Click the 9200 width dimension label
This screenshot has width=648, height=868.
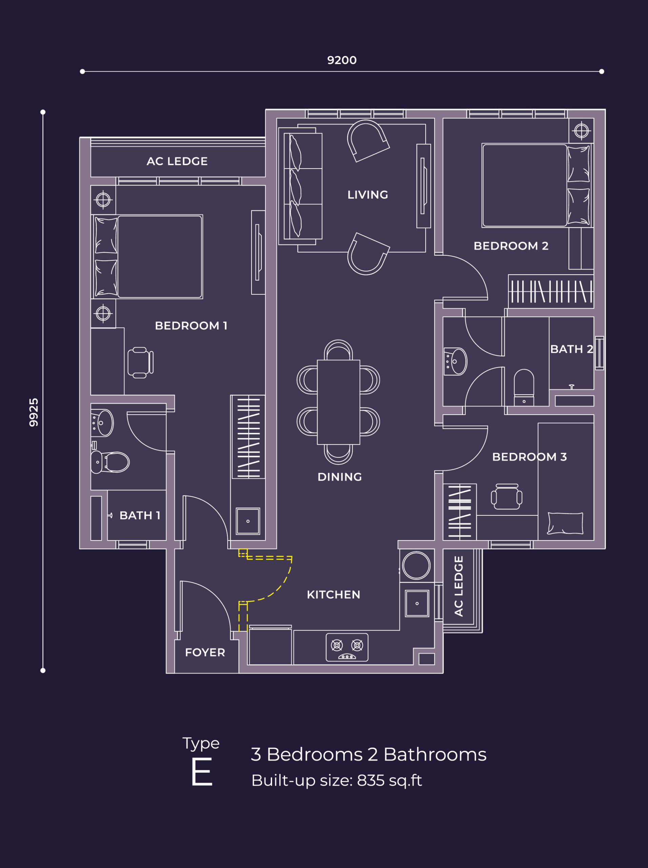tap(342, 60)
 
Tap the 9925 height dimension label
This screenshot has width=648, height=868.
tap(34, 412)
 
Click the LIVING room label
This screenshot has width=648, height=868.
tap(367, 195)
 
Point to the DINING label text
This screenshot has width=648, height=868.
tap(339, 477)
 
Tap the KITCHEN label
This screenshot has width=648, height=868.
tap(333, 594)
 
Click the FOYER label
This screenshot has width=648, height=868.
tap(205, 652)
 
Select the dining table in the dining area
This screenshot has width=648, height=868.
tap(338, 402)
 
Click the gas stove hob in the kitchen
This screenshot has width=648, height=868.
tap(347, 647)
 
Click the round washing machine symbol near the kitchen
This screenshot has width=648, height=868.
tap(416, 566)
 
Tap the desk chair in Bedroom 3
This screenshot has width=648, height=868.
tap(506, 497)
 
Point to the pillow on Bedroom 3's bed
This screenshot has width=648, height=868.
tap(565, 523)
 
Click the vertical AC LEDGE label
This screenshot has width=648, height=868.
tap(459, 586)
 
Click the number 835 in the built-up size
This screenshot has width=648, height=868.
tap(370, 781)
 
